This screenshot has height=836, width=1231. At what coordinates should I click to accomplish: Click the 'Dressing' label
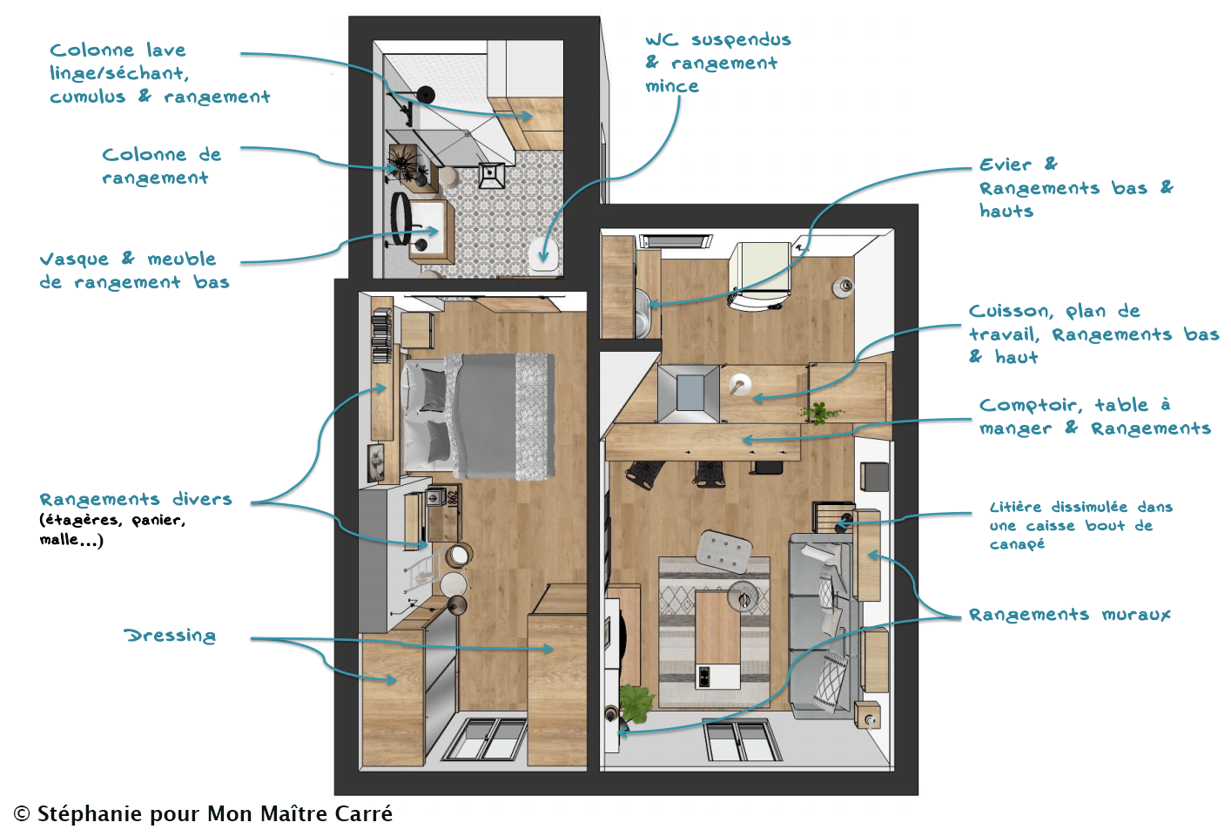(x=170, y=636)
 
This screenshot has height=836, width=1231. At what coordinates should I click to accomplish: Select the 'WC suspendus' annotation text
(x=717, y=40)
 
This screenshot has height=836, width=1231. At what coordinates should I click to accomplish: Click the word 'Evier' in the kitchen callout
(x=1005, y=165)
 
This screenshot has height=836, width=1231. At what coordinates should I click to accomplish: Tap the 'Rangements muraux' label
(x=1069, y=615)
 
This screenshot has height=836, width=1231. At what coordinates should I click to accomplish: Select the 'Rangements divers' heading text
(x=136, y=499)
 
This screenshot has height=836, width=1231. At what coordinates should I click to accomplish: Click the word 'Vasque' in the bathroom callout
(x=75, y=260)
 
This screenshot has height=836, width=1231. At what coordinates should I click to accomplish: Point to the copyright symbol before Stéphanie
(x=22, y=814)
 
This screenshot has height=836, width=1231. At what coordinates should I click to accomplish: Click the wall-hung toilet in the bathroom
(x=543, y=255)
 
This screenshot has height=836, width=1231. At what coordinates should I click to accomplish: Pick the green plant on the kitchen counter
(x=819, y=412)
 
